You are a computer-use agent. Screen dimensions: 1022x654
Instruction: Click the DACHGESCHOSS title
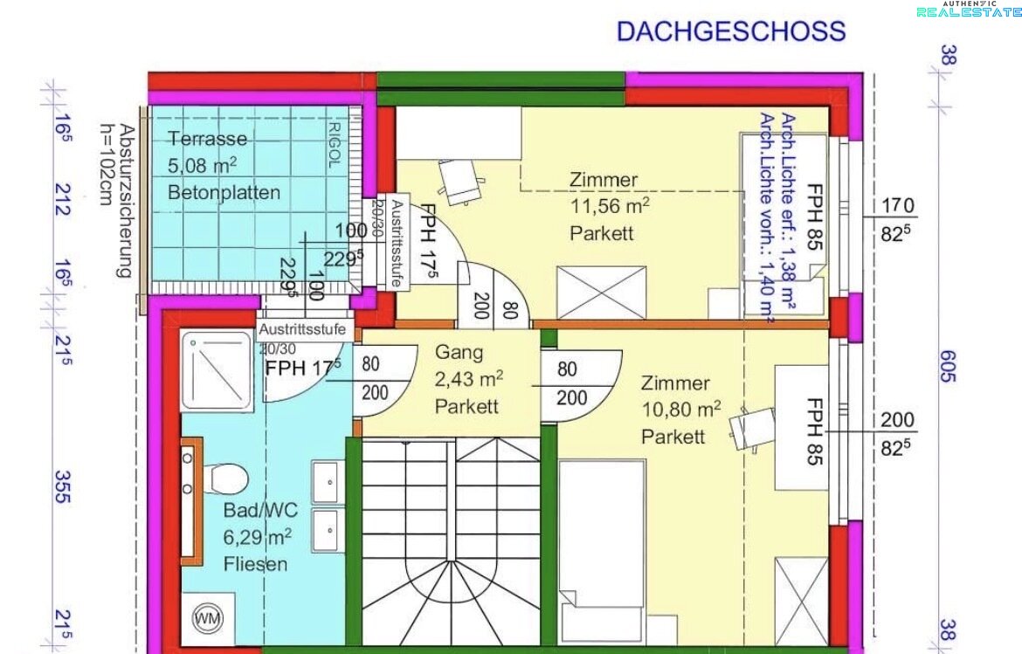click(x=730, y=31)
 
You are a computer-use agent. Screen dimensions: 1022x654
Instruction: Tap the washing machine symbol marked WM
click(x=208, y=618)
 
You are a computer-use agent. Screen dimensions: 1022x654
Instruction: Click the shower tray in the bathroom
click(x=217, y=370)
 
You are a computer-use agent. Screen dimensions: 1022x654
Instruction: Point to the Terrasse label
click(x=207, y=138)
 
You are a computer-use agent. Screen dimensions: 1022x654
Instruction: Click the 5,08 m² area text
click(x=202, y=165)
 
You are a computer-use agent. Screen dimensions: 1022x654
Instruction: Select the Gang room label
click(x=459, y=353)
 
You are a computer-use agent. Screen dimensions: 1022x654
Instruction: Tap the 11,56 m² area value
click(x=610, y=206)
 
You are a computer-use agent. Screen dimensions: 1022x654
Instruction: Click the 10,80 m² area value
click(x=681, y=409)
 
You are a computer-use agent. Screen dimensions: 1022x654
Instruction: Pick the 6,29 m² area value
click(x=257, y=537)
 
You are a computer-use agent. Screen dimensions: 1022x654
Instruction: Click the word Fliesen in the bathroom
click(x=255, y=563)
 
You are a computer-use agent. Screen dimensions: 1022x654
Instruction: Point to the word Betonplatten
click(x=224, y=192)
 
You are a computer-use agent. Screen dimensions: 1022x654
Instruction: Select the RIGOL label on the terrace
click(x=334, y=145)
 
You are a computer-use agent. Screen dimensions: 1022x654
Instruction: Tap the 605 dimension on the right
click(x=949, y=366)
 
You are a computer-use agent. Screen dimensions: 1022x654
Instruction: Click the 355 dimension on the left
click(x=62, y=486)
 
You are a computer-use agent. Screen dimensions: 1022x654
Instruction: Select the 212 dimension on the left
click(x=62, y=199)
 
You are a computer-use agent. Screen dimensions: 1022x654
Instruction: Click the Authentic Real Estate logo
click(x=970, y=9)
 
